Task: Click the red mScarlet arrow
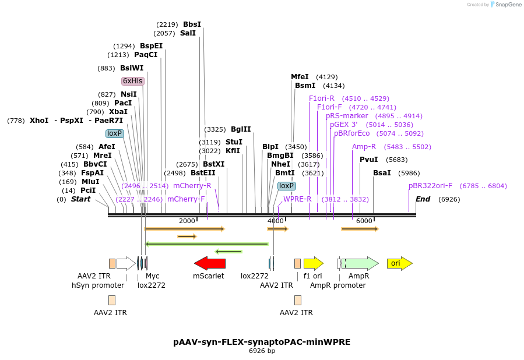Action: click(x=209, y=263)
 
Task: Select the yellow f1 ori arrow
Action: click(x=313, y=263)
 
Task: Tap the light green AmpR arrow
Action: click(x=359, y=263)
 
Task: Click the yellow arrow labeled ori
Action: click(x=399, y=263)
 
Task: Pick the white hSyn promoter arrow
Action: click(x=126, y=263)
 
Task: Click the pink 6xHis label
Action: click(x=132, y=81)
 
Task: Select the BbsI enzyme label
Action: click(x=192, y=24)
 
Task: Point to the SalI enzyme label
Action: click(x=188, y=33)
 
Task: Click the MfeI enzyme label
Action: click(x=300, y=77)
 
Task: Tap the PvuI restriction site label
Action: click(x=368, y=160)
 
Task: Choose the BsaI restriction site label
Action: click(x=382, y=173)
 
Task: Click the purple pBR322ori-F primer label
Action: click(x=430, y=186)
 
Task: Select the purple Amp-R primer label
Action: click(x=364, y=147)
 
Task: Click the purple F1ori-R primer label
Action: click(x=322, y=98)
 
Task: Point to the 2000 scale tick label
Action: click(x=187, y=221)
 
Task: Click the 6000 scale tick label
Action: click(x=364, y=221)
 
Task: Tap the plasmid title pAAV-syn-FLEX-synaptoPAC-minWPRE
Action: click(x=262, y=342)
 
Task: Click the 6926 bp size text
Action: click(x=262, y=351)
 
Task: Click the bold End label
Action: click(x=423, y=199)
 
